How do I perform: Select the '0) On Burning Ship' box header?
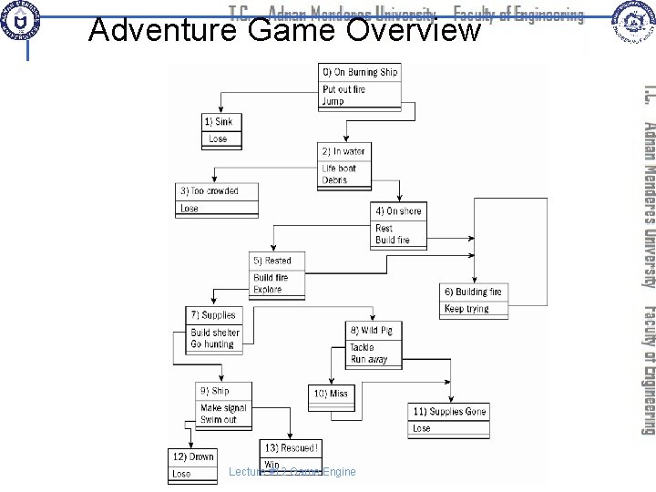(x=359, y=72)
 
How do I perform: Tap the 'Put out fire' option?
(x=344, y=89)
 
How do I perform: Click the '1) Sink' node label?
(x=220, y=121)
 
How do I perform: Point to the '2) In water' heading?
(x=343, y=150)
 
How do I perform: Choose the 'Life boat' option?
(x=339, y=169)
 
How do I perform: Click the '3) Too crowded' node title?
(x=210, y=190)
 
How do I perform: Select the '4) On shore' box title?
(x=398, y=211)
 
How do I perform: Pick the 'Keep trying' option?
(x=466, y=283)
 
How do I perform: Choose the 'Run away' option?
(x=369, y=360)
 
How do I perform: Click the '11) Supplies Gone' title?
(x=448, y=411)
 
